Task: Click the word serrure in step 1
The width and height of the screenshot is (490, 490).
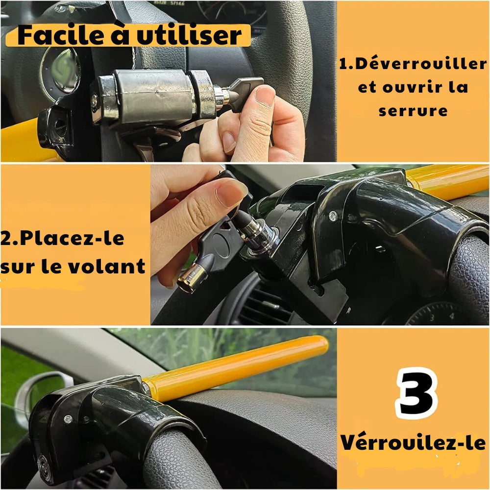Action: click(413, 110)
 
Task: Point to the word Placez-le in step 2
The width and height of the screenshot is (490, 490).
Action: click(62, 240)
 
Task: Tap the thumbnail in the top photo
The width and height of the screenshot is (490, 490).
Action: click(265, 96)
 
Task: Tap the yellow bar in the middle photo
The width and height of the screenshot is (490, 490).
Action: click(451, 180)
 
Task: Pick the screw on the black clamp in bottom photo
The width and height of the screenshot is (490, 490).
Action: click(68, 419)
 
